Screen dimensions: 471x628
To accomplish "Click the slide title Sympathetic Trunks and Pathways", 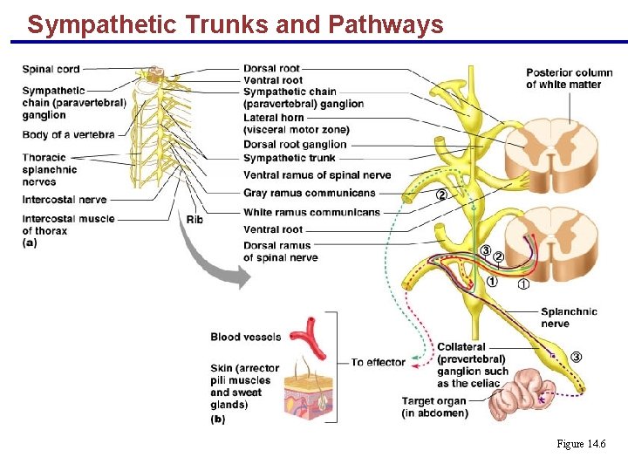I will [x=235, y=24].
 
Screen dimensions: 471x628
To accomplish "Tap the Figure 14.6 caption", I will [x=581, y=444].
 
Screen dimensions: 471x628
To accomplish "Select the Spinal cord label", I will [x=51, y=69].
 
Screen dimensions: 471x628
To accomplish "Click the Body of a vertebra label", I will [x=68, y=134].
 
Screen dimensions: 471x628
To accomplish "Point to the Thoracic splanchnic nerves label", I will [x=50, y=170].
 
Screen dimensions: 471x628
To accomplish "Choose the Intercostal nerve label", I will [x=64, y=200].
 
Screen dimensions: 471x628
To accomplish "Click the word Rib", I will [x=195, y=220].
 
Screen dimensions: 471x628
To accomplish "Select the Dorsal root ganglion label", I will [x=295, y=145].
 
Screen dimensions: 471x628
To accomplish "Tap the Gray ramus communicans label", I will [x=309, y=193].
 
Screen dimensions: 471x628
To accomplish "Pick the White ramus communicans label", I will [x=311, y=212].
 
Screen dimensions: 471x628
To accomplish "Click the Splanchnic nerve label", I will [x=569, y=317].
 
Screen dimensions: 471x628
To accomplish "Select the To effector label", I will [x=378, y=362].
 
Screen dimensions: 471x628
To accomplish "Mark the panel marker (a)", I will [x=30, y=243].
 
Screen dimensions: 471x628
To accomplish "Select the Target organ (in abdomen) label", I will [x=434, y=406].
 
